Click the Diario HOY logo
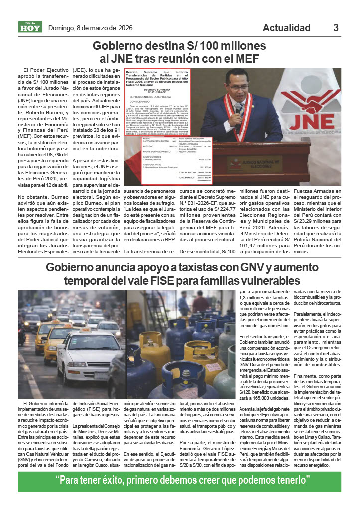[x=30, y=27]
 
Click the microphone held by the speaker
[x=239, y=108]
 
